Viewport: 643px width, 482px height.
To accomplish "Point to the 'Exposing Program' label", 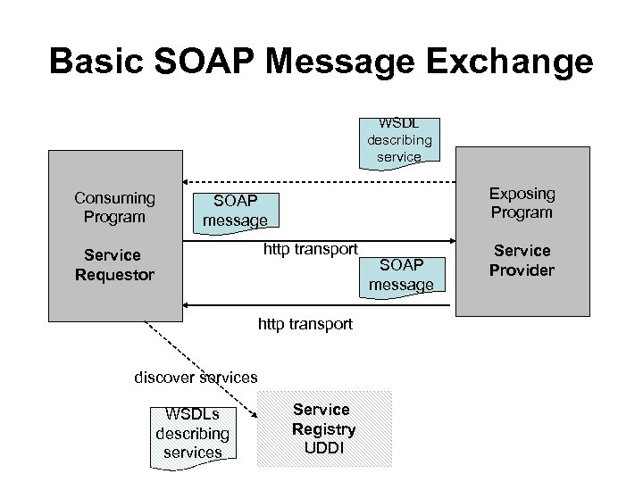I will coord(522,203).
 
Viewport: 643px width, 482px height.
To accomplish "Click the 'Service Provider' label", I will coord(522,260).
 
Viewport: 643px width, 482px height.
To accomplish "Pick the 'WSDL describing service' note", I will coord(398,138).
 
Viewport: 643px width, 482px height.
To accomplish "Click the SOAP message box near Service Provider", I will coord(401,274).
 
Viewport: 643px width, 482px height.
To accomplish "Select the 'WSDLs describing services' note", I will coord(193,433).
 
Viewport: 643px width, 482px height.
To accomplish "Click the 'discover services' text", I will coord(195,378).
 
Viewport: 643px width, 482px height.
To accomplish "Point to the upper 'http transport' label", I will coord(310,248).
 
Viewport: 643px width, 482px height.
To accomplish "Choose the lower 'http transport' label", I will coord(305,324).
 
